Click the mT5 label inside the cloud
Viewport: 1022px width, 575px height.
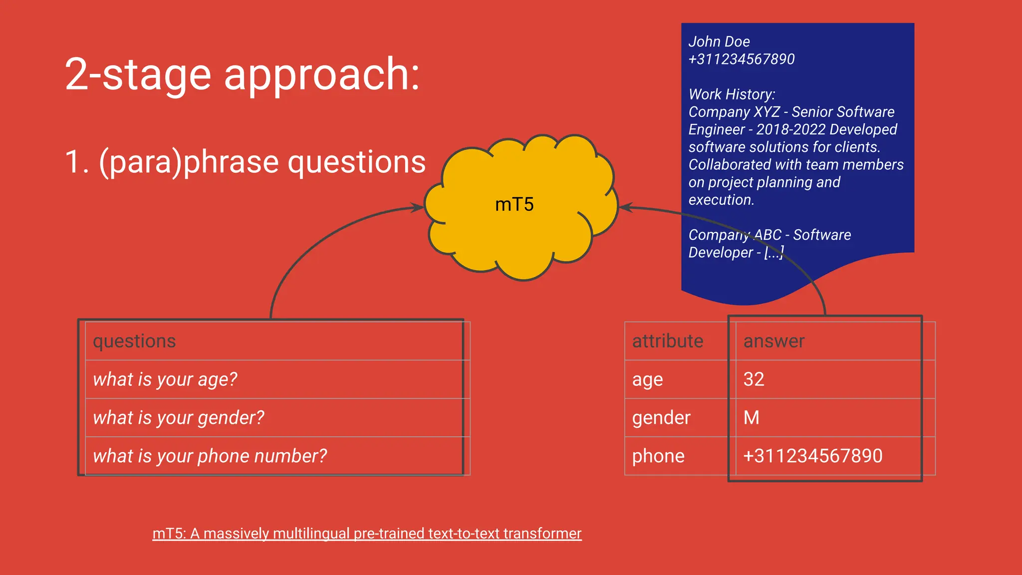(514, 205)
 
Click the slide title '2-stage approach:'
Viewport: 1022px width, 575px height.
(243, 74)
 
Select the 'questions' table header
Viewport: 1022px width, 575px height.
(134, 341)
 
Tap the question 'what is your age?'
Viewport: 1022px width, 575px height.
(165, 380)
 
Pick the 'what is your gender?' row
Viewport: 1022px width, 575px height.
(178, 418)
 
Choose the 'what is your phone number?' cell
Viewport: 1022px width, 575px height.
(210, 456)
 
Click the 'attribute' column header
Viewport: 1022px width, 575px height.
(667, 341)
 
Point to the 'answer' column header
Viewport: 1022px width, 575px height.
(773, 341)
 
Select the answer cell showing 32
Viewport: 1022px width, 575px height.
(754, 379)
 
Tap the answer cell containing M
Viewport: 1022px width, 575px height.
(751, 418)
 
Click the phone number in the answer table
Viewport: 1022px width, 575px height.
(812, 456)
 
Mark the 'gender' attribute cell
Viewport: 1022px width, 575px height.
(661, 418)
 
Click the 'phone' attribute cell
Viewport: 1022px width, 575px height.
(658, 456)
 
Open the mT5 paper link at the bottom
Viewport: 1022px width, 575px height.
(367, 534)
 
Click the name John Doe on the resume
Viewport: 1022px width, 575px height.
(719, 42)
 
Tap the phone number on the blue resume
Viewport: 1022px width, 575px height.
(741, 59)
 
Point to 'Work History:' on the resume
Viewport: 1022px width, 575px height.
(732, 94)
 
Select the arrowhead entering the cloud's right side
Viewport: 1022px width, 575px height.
(626, 207)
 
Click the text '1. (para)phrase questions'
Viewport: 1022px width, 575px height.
(245, 162)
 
